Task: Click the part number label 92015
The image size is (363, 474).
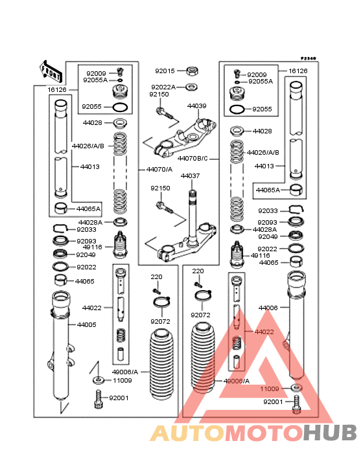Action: pyautogui.click(x=165, y=71)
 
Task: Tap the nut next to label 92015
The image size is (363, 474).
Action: pyautogui.click(x=192, y=71)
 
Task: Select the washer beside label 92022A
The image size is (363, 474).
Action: pyautogui.click(x=191, y=87)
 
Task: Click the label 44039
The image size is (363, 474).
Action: pyautogui.click(x=196, y=106)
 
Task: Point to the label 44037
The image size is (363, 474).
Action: pyautogui.click(x=191, y=175)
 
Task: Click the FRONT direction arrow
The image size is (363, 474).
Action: pyautogui.click(x=51, y=73)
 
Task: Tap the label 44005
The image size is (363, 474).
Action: pyautogui.click(x=87, y=324)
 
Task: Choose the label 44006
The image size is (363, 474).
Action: pyautogui.click(x=268, y=308)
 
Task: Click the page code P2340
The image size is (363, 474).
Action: pyautogui.click(x=308, y=58)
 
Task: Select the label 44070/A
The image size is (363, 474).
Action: pyautogui.click(x=159, y=169)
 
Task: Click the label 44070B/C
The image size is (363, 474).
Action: pyautogui.click(x=193, y=159)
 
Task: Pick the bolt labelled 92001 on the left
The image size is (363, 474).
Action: pyautogui.click(x=98, y=399)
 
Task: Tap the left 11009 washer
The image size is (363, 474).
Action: pyautogui.click(x=98, y=379)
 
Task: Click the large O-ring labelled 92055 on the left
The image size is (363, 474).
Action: pyautogui.click(x=120, y=107)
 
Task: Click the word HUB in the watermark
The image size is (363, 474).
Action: pyautogui.click(x=330, y=433)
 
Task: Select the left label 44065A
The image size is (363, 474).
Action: pyautogui.click(x=88, y=209)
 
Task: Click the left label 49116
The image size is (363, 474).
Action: pyautogui.click(x=93, y=247)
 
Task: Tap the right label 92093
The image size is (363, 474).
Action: pyautogui.click(x=268, y=222)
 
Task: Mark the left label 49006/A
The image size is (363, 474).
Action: pyautogui.click(x=125, y=372)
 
